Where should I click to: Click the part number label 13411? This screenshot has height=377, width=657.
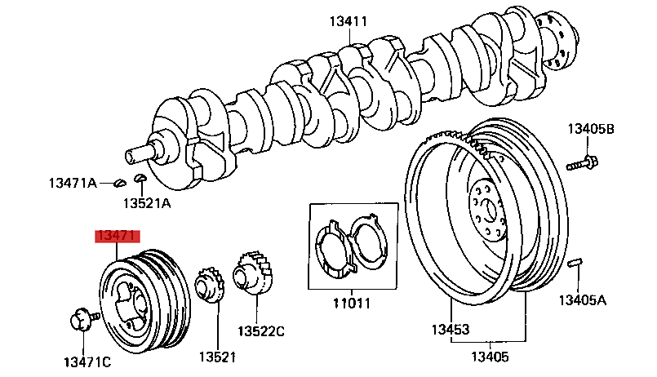(x=348, y=21)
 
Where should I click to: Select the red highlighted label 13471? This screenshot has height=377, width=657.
(x=118, y=237)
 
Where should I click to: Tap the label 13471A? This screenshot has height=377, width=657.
(x=73, y=183)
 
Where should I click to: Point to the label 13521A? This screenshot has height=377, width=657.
(x=147, y=203)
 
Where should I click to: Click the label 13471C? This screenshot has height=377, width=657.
(x=87, y=362)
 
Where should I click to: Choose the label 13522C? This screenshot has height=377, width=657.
(x=261, y=331)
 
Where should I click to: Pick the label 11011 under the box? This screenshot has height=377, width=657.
(x=352, y=303)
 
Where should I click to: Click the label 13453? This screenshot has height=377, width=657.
(x=451, y=330)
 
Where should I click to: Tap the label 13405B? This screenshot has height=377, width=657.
(x=591, y=129)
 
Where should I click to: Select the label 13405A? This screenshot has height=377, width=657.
(x=583, y=300)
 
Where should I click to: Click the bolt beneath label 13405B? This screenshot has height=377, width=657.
(x=583, y=163)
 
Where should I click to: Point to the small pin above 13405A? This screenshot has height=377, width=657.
(x=575, y=263)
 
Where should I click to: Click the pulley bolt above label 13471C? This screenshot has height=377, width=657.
(x=84, y=320)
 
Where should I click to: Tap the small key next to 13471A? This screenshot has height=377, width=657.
(x=120, y=183)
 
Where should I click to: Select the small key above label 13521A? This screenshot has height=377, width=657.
(x=140, y=179)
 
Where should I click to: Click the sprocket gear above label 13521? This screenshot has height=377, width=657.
(x=210, y=286)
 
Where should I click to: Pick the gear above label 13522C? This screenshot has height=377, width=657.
(x=254, y=273)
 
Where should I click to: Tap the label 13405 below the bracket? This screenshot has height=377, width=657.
(x=490, y=357)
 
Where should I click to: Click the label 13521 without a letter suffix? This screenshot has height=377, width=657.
(x=217, y=357)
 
